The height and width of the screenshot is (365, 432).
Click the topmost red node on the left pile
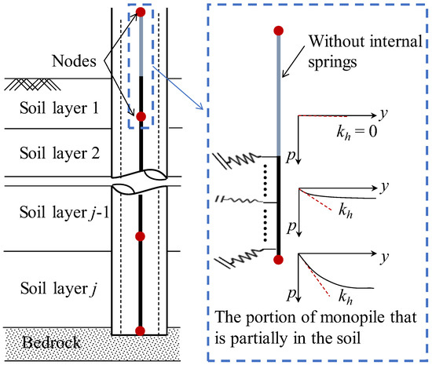pos(141,12)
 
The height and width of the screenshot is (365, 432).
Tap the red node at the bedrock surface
pos(141,330)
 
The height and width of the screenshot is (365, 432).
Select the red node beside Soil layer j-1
pos(141,236)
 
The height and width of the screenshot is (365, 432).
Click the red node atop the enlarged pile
pos(278,31)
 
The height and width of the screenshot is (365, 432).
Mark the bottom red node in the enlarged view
pos(278,258)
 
